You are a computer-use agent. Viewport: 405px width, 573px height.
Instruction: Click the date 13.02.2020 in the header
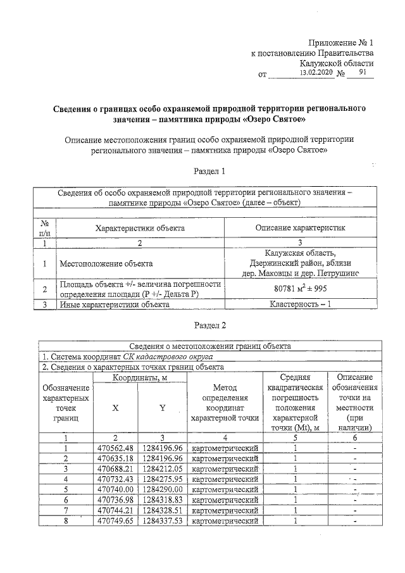click(x=315, y=73)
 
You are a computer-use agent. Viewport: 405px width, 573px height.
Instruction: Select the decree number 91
click(x=362, y=73)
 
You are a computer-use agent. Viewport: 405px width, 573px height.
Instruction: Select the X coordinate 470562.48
click(x=115, y=447)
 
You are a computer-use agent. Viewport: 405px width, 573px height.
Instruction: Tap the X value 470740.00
click(x=115, y=489)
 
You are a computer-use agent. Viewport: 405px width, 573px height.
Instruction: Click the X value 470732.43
click(x=115, y=479)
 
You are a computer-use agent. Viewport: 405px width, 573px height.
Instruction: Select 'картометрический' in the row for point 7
click(x=225, y=511)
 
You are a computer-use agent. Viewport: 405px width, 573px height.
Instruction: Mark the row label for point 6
click(x=65, y=500)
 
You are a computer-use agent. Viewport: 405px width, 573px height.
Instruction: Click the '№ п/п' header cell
click(x=45, y=227)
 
